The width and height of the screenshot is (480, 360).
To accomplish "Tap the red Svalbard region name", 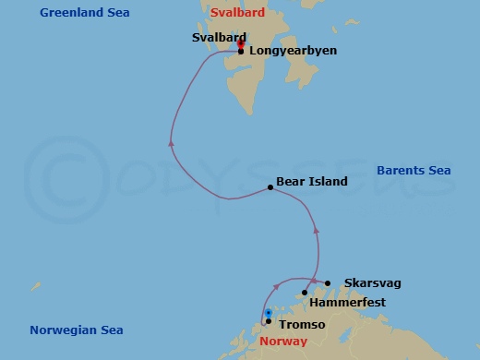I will (237, 13).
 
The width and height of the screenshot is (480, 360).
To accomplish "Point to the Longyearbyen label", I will (293, 52).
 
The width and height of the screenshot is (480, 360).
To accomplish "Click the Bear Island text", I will (312, 182).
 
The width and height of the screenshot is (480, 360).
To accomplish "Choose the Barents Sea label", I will (414, 171).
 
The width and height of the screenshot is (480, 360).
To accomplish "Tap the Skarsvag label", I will (372, 282).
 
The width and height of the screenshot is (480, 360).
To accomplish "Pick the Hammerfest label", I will (348, 303).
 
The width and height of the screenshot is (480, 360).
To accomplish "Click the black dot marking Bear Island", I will (270, 187).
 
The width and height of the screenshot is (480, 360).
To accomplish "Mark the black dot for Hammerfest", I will (305, 293).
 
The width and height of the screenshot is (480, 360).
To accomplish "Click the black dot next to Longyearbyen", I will (241, 52).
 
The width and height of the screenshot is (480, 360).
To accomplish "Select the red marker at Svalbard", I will (240, 43).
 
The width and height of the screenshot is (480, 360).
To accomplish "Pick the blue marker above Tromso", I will (268, 313).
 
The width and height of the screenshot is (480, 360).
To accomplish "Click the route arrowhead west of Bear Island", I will (171, 143).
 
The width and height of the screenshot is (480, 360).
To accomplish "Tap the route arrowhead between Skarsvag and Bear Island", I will (316, 228).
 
